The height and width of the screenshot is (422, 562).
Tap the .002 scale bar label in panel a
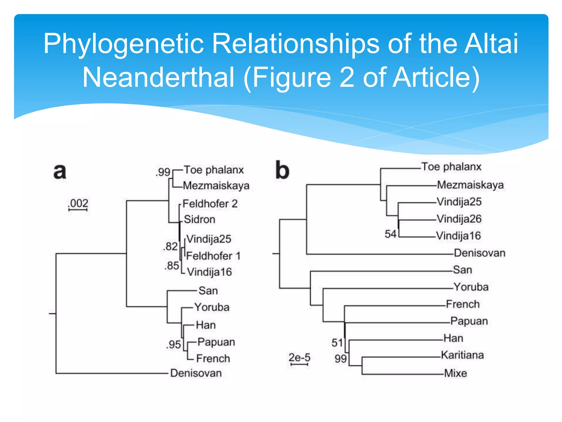78,203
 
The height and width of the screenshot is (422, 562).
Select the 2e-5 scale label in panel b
299,357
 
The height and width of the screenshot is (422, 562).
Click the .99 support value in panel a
163,172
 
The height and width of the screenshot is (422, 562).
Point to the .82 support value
170,246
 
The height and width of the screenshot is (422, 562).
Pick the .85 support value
172,266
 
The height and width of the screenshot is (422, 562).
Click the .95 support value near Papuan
173,345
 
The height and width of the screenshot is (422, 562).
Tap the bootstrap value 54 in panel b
390,234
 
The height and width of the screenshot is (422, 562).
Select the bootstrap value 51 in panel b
337,343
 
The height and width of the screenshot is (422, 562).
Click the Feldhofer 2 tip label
210,204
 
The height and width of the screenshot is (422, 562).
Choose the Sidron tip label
199,219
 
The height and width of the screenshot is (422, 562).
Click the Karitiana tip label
462,355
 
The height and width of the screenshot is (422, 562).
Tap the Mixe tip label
456,373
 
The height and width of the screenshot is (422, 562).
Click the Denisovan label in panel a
196,373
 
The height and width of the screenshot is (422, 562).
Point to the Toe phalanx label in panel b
451,167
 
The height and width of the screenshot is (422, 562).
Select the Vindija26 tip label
459,219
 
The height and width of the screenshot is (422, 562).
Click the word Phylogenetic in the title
123,43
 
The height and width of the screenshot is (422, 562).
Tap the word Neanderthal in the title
158,77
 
